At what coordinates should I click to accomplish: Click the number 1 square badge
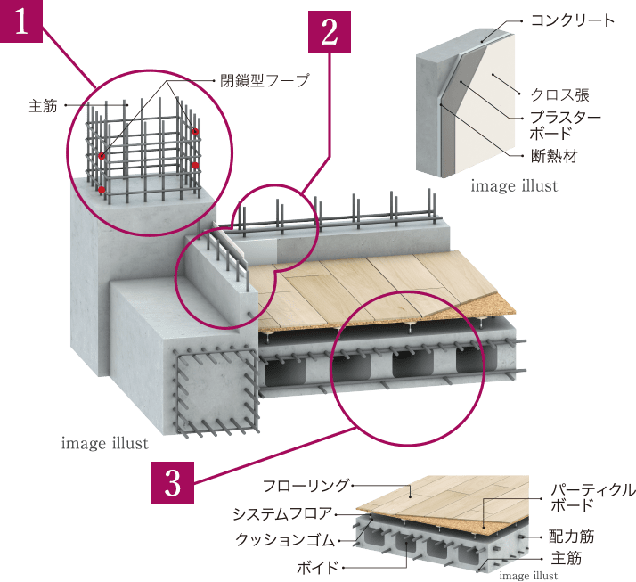click(x=21, y=20)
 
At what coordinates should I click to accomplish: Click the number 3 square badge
click(x=173, y=482)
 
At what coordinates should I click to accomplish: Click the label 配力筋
click(x=571, y=538)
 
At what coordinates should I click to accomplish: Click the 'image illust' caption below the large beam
click(x=105, y=443)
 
